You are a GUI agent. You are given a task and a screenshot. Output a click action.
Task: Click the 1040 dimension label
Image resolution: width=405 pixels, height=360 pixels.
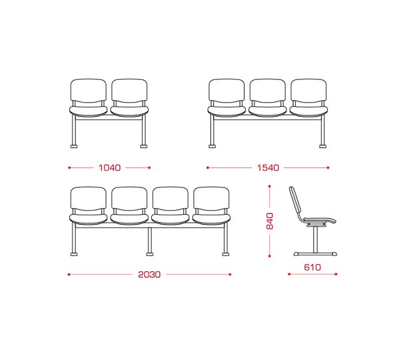click(109, 168)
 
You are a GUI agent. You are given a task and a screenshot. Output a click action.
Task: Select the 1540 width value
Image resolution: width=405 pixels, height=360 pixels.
click(268, 168)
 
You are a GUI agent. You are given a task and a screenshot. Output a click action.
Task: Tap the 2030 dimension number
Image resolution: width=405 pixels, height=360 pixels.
click(149, 275)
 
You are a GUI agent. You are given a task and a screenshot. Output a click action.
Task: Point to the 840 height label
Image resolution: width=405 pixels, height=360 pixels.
click(269, 221)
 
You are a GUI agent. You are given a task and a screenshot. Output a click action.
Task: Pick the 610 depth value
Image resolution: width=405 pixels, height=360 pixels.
click(312, 267)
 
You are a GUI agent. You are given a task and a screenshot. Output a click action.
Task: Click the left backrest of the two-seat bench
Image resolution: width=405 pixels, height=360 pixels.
click(89, 91)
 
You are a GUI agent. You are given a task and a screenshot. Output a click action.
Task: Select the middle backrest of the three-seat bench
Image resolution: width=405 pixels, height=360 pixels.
click(268, 91)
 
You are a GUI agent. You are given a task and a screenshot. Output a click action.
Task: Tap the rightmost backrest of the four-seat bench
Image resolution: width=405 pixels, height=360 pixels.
click(211, 199)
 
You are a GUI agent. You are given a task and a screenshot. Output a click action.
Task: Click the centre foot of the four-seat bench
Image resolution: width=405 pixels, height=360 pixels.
click(150, 254)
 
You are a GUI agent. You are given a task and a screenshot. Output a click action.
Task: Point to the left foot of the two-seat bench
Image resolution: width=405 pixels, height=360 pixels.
click(74, 146)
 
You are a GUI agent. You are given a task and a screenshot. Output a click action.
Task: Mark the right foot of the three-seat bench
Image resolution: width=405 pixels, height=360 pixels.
click(322, 146)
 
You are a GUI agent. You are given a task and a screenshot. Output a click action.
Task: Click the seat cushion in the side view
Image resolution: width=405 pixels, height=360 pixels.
click(320, 221)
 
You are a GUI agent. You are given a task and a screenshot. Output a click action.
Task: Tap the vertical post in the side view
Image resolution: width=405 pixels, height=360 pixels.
click(315, 239)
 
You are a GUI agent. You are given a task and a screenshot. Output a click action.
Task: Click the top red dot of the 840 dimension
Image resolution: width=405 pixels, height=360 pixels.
click(269, 186)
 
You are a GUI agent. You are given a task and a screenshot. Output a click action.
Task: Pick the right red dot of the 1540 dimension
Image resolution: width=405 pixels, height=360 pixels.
click(328, 168)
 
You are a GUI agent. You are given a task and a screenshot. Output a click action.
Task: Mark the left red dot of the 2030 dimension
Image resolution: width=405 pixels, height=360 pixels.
click(69, 275)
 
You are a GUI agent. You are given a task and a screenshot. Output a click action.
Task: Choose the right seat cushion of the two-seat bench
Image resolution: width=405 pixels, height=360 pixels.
click(129, 111)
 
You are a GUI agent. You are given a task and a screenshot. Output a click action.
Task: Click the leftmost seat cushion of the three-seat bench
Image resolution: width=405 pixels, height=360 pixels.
click(226, 111)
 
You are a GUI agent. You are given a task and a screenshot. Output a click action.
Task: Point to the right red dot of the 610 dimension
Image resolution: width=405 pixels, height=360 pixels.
click(336, 274)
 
